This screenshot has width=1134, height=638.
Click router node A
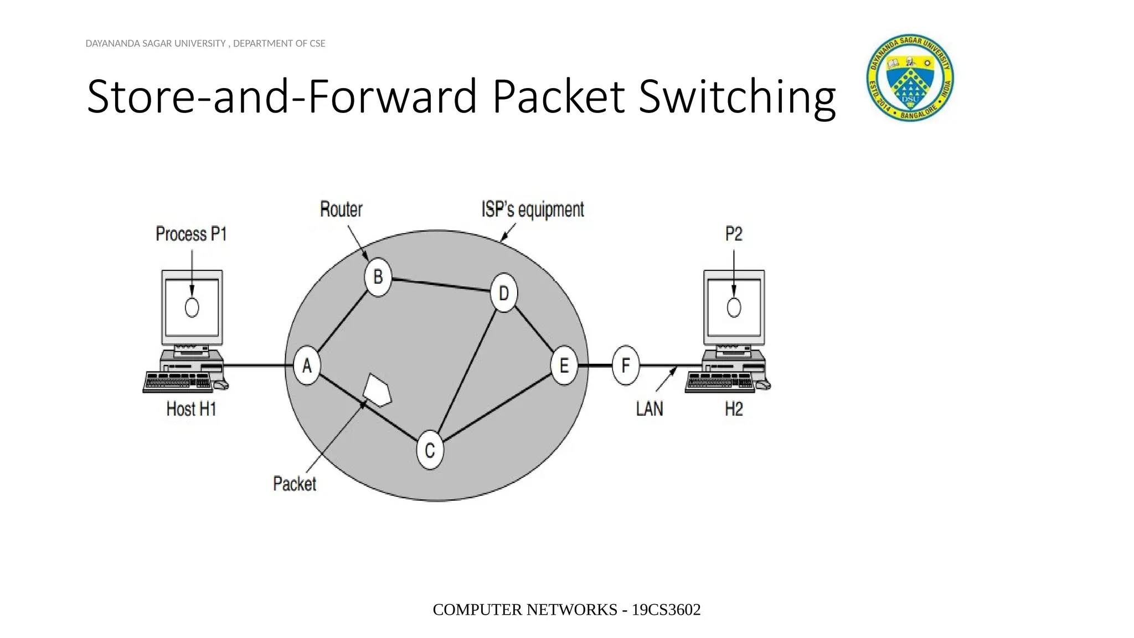pyautogui.click(x=306, y=366)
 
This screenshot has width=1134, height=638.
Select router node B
pyautogui.click(x=378, y=277)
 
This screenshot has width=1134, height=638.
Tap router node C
pyautogui.click(x=430, y=451)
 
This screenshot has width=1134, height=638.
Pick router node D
pyautogui.click(x=504, y=293)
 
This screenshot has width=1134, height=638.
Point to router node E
pyautogui.click(x=564, y=366)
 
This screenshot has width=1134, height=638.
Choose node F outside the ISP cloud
pyautogui.click(x=626, y=366)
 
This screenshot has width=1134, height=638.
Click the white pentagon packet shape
pyautogui.click(x=378, y=390)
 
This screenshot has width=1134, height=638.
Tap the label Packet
pyautogui.click(x=295, y=483)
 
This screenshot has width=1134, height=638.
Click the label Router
pyautogui.click(x=341, y=209)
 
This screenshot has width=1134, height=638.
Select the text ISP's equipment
pyautogui.click(x=532, y=209)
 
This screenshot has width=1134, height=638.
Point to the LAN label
pyautogui.click(x=649, y=409)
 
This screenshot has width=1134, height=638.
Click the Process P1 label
pyautogui.click(x=191, y=234)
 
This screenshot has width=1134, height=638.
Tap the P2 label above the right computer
pyautogui.click(x=734, y=234)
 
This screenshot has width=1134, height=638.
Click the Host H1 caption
pyautogui.click(x=191, y=409)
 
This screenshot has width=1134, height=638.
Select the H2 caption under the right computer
pyautogui.click(x=734, y=409)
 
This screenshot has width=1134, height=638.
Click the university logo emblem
pyautogui.click(x=910, y=78)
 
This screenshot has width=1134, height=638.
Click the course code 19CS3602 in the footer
pyautogui.click(x=666, y=610)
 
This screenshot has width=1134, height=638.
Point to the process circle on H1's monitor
pyautogui.click(x=192, y=307)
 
